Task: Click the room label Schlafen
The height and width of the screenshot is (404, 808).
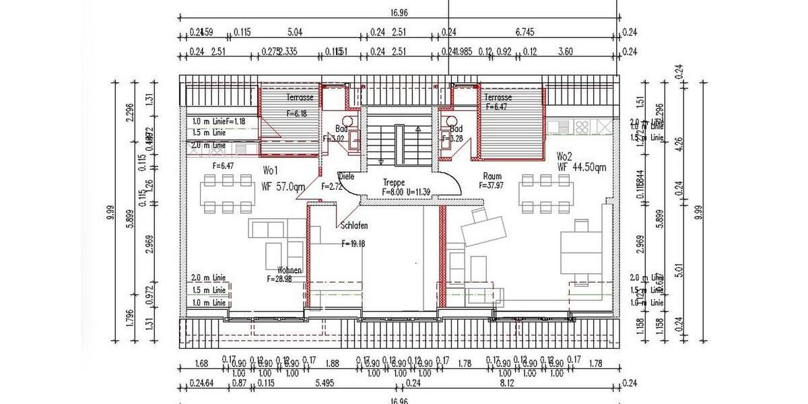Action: [354, 226]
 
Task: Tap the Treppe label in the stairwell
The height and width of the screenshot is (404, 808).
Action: [393, 182]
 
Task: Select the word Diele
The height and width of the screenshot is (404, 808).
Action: [346, 176]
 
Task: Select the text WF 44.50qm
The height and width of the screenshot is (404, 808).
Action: [582, 167]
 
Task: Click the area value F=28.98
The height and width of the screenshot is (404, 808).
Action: [283, 278]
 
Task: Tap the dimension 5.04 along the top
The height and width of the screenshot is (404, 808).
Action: [295, 31]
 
